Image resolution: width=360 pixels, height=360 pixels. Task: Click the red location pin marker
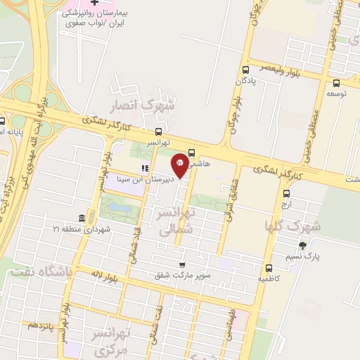[x=180, y=165]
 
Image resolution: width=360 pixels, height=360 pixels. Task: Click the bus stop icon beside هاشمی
[x=191, y=153]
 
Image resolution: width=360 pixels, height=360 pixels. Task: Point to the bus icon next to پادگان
[x=245, y=70]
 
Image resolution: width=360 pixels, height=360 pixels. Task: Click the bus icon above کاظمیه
[x=269, y=268]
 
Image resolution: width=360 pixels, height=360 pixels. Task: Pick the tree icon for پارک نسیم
[x=303, y=245]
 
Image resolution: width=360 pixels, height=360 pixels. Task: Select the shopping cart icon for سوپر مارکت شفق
[x=183, y=265]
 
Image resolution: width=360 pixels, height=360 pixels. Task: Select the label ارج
[x=285, y=205]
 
